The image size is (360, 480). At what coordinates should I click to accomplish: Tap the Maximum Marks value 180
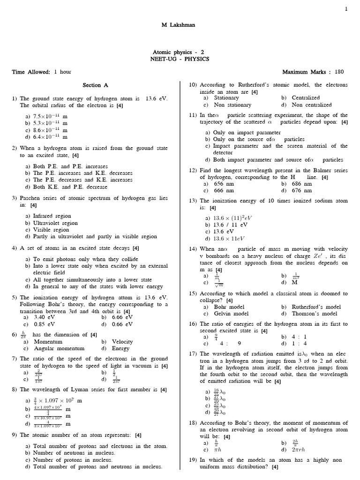[339, 72]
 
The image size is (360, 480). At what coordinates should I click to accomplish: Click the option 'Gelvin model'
[231, 314]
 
